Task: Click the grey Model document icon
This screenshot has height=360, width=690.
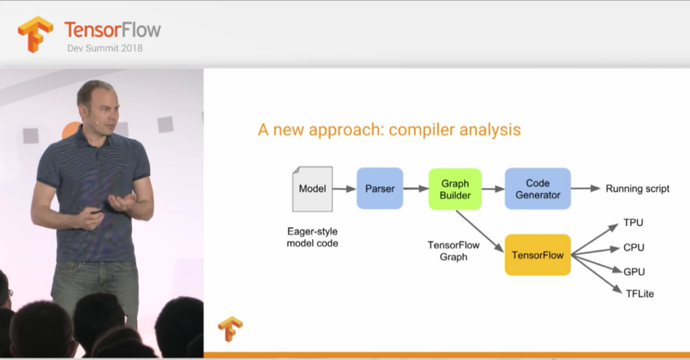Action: click(313, 189)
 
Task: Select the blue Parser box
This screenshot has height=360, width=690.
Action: click(380, 188)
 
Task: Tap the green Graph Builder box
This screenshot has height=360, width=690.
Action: click(455, 189)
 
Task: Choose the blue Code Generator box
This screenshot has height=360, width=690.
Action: click(538, 189)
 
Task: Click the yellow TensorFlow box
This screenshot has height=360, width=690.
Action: click(538, 256)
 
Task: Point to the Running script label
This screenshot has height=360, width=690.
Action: click(637, 189)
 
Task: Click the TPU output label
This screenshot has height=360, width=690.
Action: click(633, 222)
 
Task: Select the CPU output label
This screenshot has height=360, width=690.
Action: click(633, 248)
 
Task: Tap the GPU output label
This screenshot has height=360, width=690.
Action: click(634, 272)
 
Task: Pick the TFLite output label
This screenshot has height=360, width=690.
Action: click(640, 294)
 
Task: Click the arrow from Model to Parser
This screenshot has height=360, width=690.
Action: click(344, 189)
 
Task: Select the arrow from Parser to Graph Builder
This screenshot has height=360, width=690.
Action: click(416, 189)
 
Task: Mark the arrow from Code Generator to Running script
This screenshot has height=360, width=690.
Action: click(586, 188)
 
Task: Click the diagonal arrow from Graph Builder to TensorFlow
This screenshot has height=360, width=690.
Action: click(480, 231)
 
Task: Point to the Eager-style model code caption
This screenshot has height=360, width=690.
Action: click(313, 237)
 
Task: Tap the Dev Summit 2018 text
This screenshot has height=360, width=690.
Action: click(104, 49)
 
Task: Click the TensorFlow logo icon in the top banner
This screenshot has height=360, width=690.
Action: click(35, 34)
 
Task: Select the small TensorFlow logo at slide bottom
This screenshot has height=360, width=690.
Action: click(230, 329)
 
